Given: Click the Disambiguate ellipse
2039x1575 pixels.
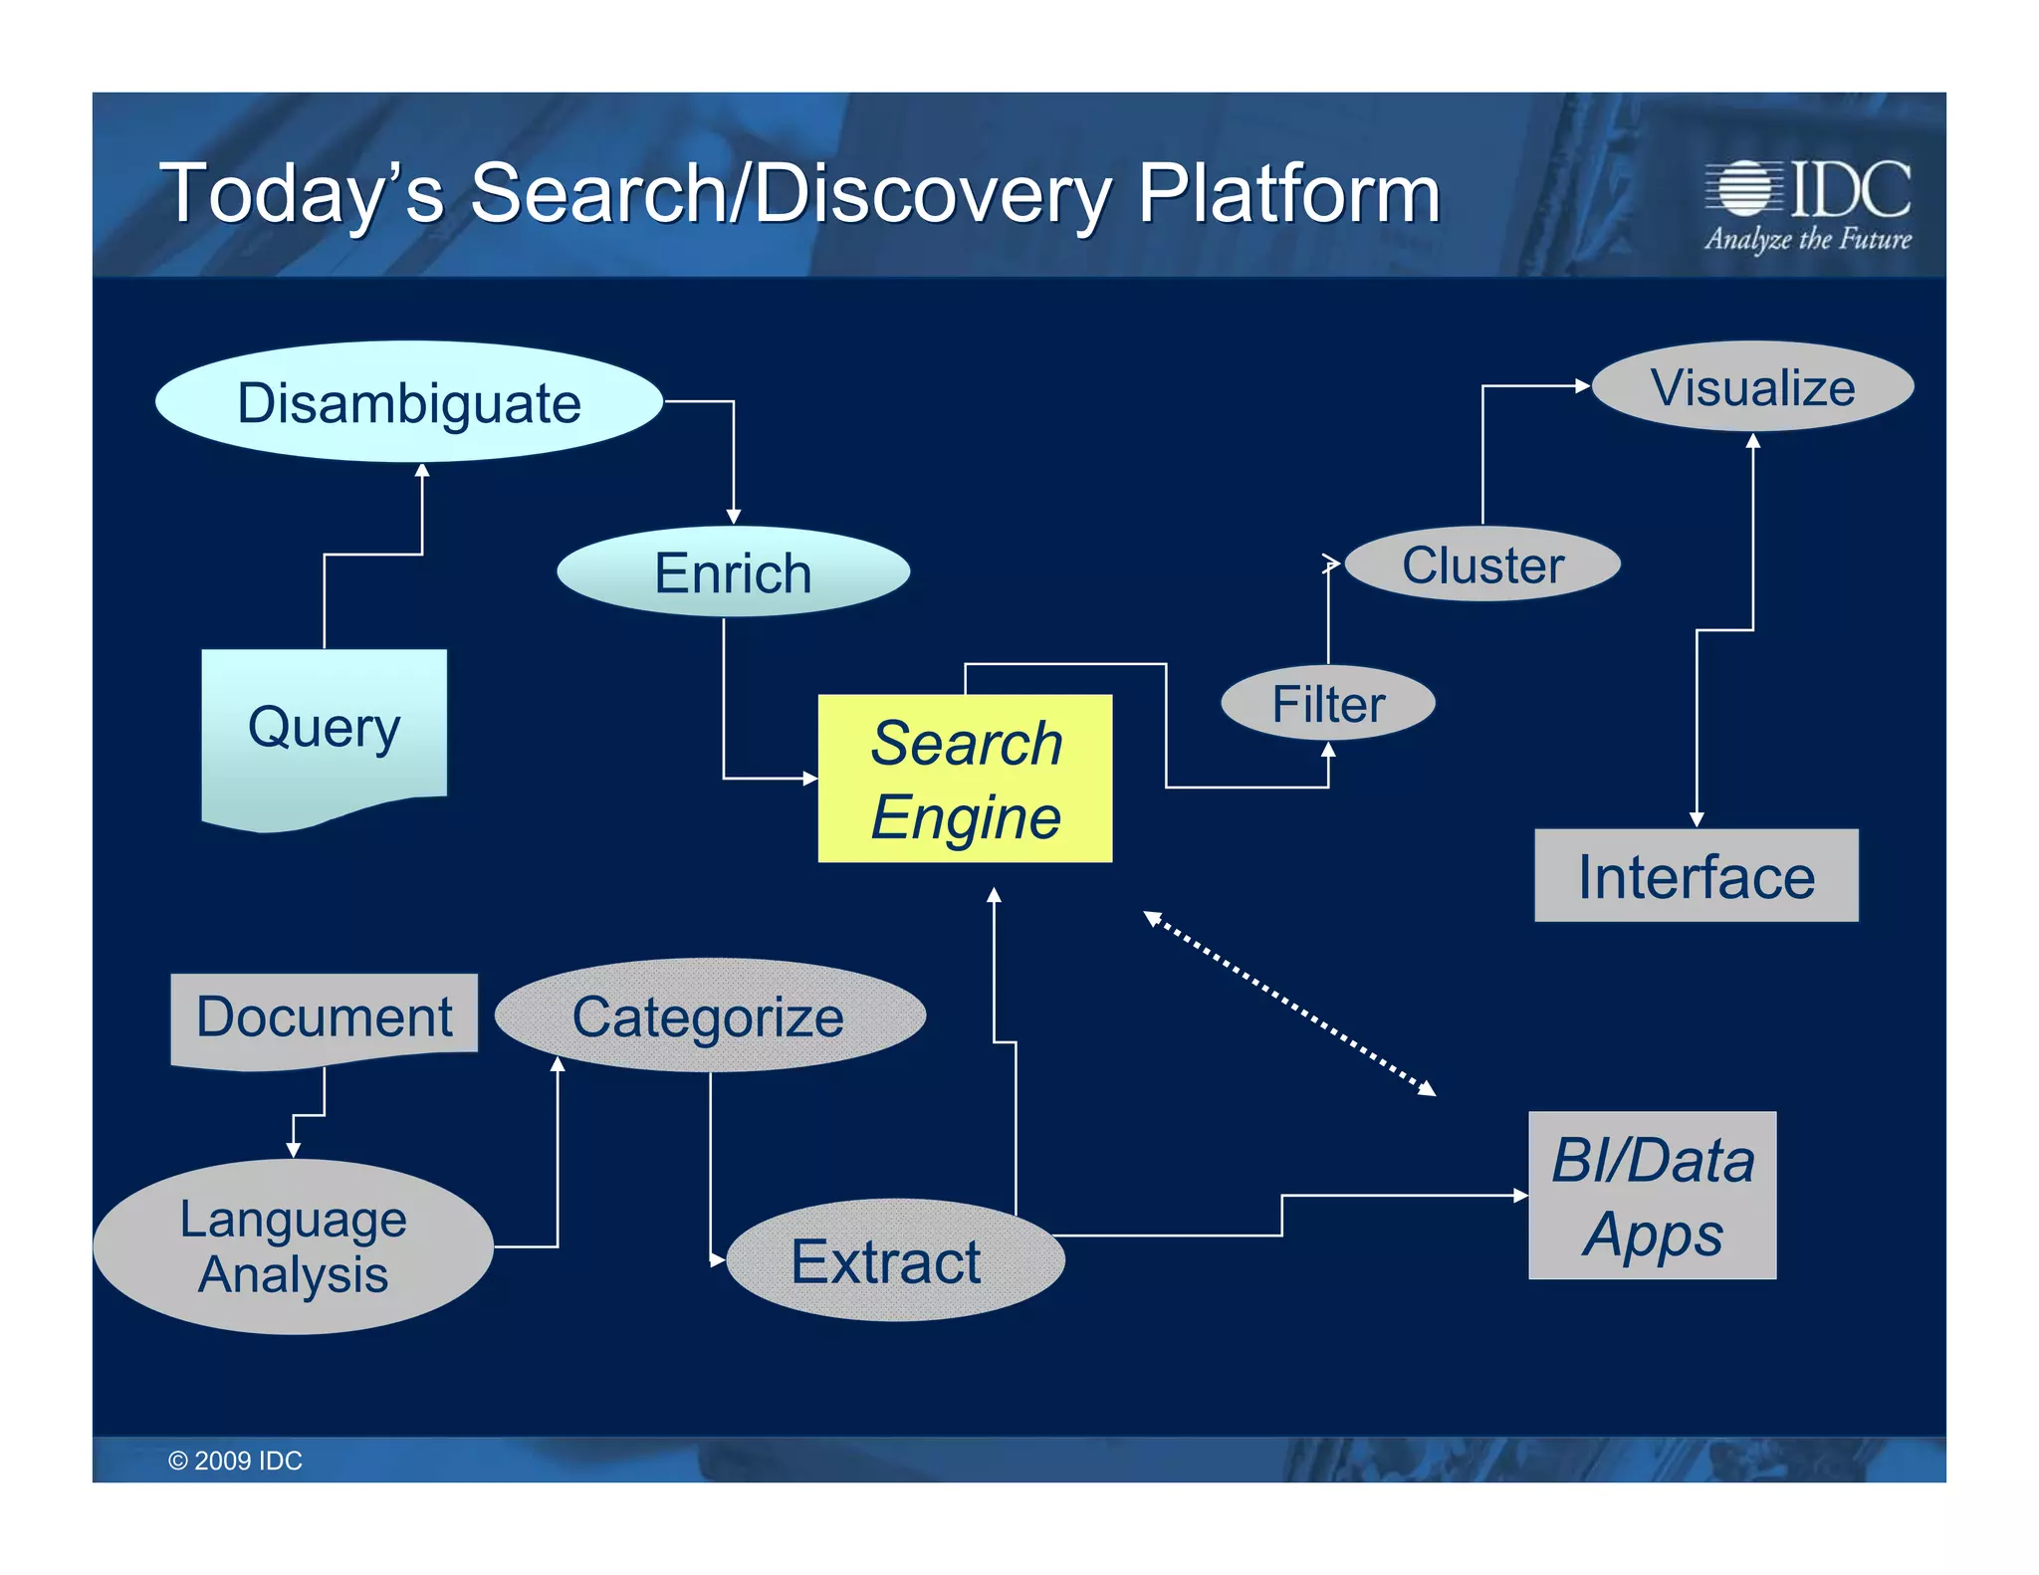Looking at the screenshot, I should (x=409, y=402).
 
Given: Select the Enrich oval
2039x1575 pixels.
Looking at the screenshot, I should (x=733, y=572).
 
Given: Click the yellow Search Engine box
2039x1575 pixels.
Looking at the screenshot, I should (x=965, y=779).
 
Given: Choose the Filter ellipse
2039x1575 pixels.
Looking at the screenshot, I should (x=1327, y=704).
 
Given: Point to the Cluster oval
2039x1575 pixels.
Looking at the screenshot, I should (x=1482, y=564).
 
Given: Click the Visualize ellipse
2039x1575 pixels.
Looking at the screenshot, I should (x=1752, y=387).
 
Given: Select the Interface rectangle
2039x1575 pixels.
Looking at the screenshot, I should (x=1696, y=876).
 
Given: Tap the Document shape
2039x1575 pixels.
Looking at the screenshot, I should (x=324, y=1017).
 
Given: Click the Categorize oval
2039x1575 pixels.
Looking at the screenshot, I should (x=709, y=1016).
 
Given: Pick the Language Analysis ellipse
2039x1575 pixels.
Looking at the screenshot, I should (x=294, y=1246).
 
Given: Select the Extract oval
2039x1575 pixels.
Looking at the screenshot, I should (x=894, y=1260).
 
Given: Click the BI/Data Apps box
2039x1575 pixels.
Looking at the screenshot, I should (x=1652, y=1196).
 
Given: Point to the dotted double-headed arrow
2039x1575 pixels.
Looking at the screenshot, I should (x=1289, y=1004).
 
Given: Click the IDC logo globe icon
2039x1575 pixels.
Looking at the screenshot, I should (x=1743, y=187).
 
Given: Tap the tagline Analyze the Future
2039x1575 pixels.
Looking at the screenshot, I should (x=1807, y=240).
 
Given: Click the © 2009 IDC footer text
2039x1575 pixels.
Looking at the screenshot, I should (x=235, y=1461).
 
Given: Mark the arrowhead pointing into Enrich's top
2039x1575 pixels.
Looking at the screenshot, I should (x=734, y=516).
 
